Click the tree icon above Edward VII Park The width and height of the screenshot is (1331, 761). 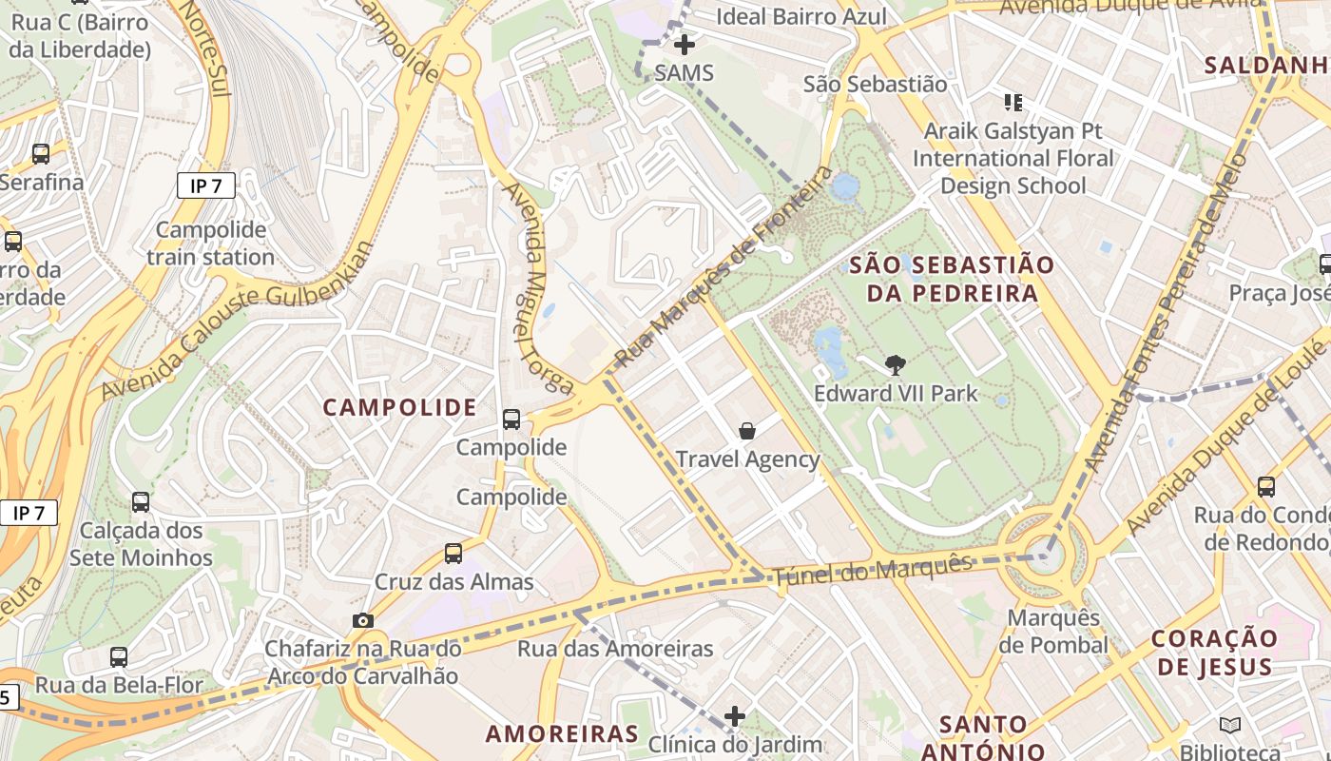click(x=895, y=364)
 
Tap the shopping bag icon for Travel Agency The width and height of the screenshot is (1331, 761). click(x=747, y=431)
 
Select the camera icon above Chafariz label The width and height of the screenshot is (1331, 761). click(x=362, y=620)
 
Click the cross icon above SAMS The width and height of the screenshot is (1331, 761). click(x=684, y=44)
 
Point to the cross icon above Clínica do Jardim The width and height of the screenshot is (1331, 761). click(x=735, y=715)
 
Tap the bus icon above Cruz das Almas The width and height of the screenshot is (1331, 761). click(x=453, y=553)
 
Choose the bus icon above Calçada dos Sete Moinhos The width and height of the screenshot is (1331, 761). click(x=141, y=501)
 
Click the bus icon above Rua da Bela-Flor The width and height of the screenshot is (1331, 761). click(x=119, y=656)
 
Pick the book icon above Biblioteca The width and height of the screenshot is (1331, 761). click(x=1230, y=725)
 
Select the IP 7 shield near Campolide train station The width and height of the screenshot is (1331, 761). click(x=205, y=185)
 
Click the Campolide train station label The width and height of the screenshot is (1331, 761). click(x=210, y=244)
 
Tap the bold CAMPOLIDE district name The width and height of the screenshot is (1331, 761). click(x=399, y=408)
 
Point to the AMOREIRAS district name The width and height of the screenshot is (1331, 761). click(x=562, y=733)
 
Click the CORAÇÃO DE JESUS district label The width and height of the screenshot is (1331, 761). click(x=1214, y=653)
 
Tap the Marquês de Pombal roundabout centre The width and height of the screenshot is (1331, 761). click(x=1044, y=556)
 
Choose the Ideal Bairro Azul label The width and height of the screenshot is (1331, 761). click(x=801, y=16)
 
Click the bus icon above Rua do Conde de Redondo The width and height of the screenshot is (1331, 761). click(x=1266, y=487)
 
